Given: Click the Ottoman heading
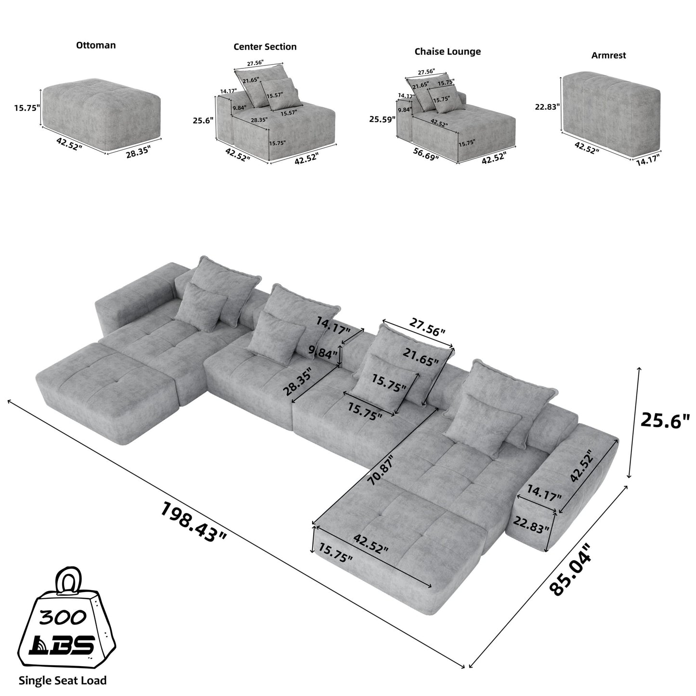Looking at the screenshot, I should click(96, 45).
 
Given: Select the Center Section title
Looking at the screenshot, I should click(265, 47).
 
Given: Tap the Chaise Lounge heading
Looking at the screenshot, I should click(447, 52).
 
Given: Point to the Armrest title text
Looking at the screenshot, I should click(608, 55).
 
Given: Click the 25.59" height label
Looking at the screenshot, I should click(382, 118).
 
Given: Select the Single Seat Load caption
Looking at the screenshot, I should click(63, 681).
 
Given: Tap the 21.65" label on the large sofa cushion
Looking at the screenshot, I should click(421, 356).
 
